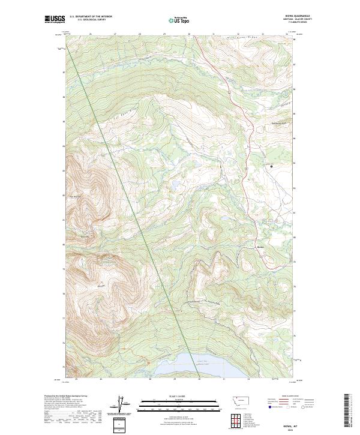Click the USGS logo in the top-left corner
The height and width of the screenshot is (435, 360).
(x=56, y=20)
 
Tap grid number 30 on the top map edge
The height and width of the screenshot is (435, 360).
(x=188, y=34)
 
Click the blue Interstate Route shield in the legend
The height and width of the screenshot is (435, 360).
(x=266, y=407)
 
